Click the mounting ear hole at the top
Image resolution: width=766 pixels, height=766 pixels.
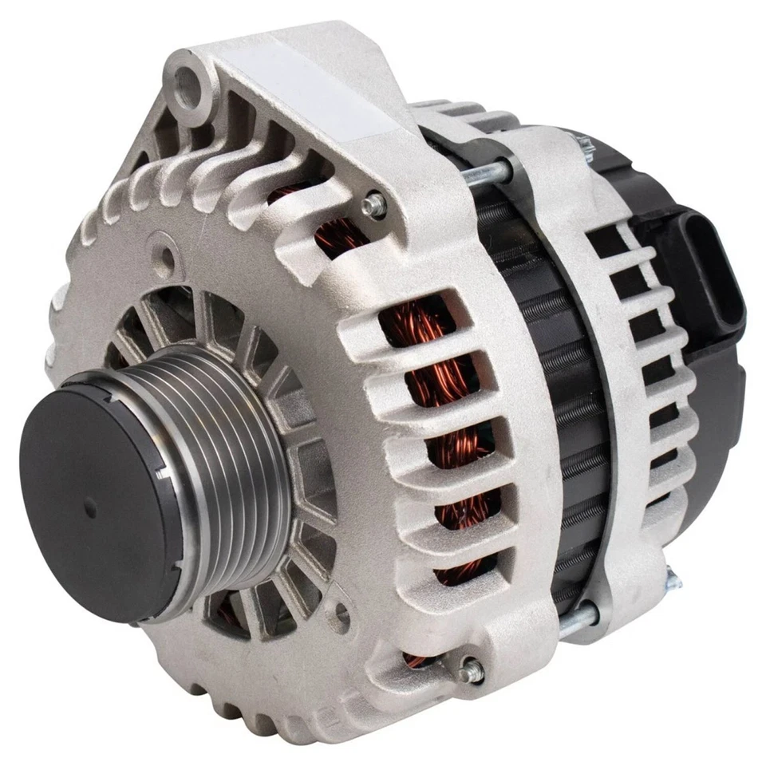tap(188, 77)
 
